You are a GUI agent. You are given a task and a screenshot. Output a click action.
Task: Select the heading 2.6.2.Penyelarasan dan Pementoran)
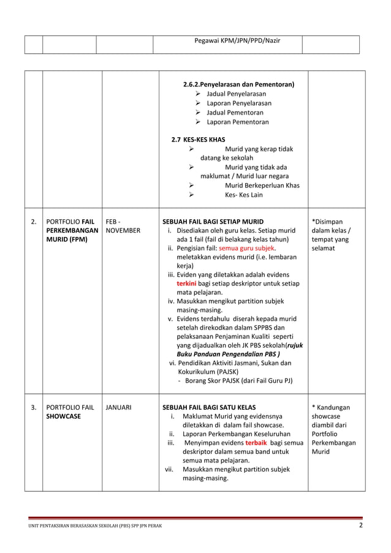tap(238, 85)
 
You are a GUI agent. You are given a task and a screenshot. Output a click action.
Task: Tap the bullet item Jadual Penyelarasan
tap(236, 94)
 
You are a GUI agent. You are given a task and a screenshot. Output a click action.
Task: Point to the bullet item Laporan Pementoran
tap(237, 122)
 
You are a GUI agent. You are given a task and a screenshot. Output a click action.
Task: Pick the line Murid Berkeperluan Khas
tap(262, 186)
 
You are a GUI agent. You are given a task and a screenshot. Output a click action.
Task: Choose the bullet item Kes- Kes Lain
tap(243, 195)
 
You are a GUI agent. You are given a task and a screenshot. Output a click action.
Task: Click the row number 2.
tap(33, 222)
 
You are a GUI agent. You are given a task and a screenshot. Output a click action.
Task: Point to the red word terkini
tap(187, 284)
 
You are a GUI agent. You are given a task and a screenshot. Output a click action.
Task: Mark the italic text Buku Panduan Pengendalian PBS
tap(227, 354)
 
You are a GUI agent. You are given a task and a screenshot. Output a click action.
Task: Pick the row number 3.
tap(33, 407)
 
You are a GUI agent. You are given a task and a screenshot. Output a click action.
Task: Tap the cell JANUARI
tap(118, 407)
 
